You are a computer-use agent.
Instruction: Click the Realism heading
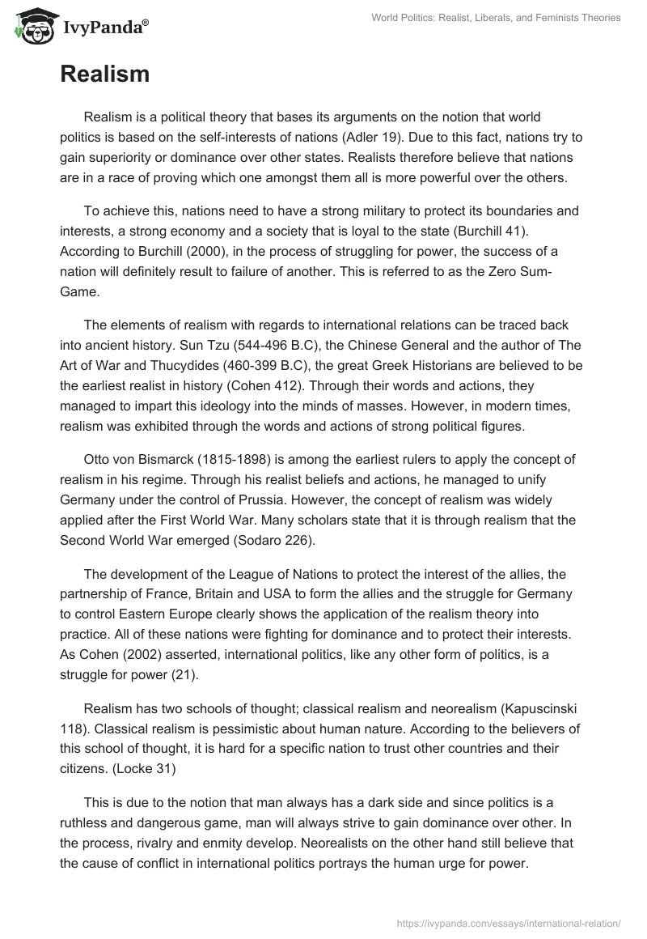[x=104, y=74]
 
